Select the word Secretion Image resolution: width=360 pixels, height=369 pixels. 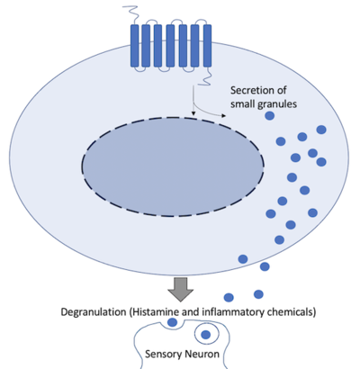click(255, 89)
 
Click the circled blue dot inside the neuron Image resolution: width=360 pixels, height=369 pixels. click(207, 336)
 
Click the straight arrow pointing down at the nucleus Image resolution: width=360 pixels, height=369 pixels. click(193, 108)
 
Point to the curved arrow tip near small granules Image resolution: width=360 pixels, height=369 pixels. click(227, 117)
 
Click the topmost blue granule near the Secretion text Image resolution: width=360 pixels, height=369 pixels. click(321, 130)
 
